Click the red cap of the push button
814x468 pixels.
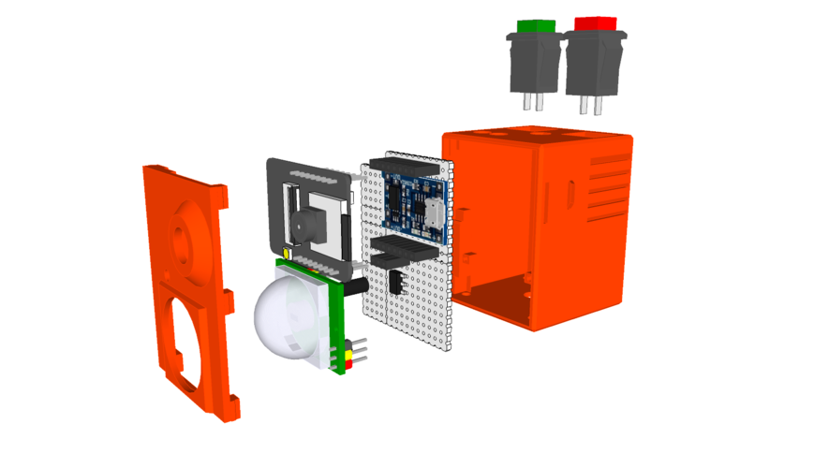(x=595, y=22)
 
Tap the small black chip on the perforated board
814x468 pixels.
(x=397, y=282)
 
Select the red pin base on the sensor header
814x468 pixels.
(x=348, y=354)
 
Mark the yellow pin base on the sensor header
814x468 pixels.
(x=348, y=344)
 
